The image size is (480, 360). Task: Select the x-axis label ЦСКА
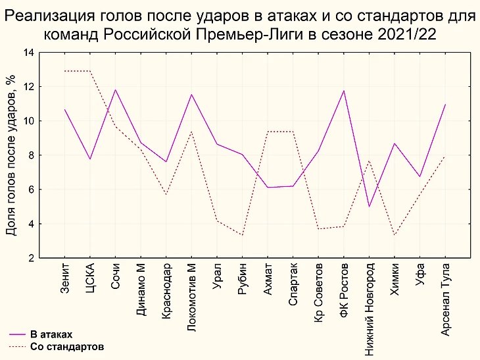(90, 278)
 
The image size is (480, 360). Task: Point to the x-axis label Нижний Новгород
(370, 309)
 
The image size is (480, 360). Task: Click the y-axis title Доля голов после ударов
(11, 155)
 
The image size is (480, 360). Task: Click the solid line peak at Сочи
(116, 90)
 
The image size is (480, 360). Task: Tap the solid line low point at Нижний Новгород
(370, 207)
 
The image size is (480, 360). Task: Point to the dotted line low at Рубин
(243, 235)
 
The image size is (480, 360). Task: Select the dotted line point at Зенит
(64, 71)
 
